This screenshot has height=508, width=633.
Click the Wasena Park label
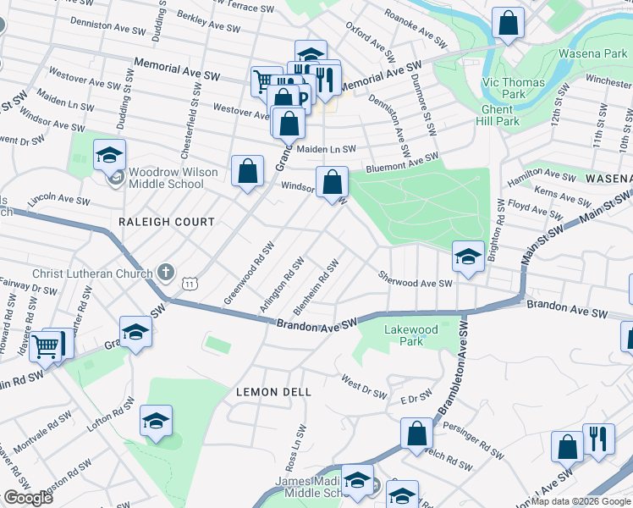coord(592,54)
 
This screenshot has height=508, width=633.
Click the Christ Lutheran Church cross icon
coord(166,273)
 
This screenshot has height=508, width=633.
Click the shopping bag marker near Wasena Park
coord(509,24)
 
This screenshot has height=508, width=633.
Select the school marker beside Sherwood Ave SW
coord(466,257)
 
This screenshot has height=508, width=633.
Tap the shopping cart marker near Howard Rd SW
coord(47,345)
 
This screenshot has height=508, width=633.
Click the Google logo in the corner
coord(27,498)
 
